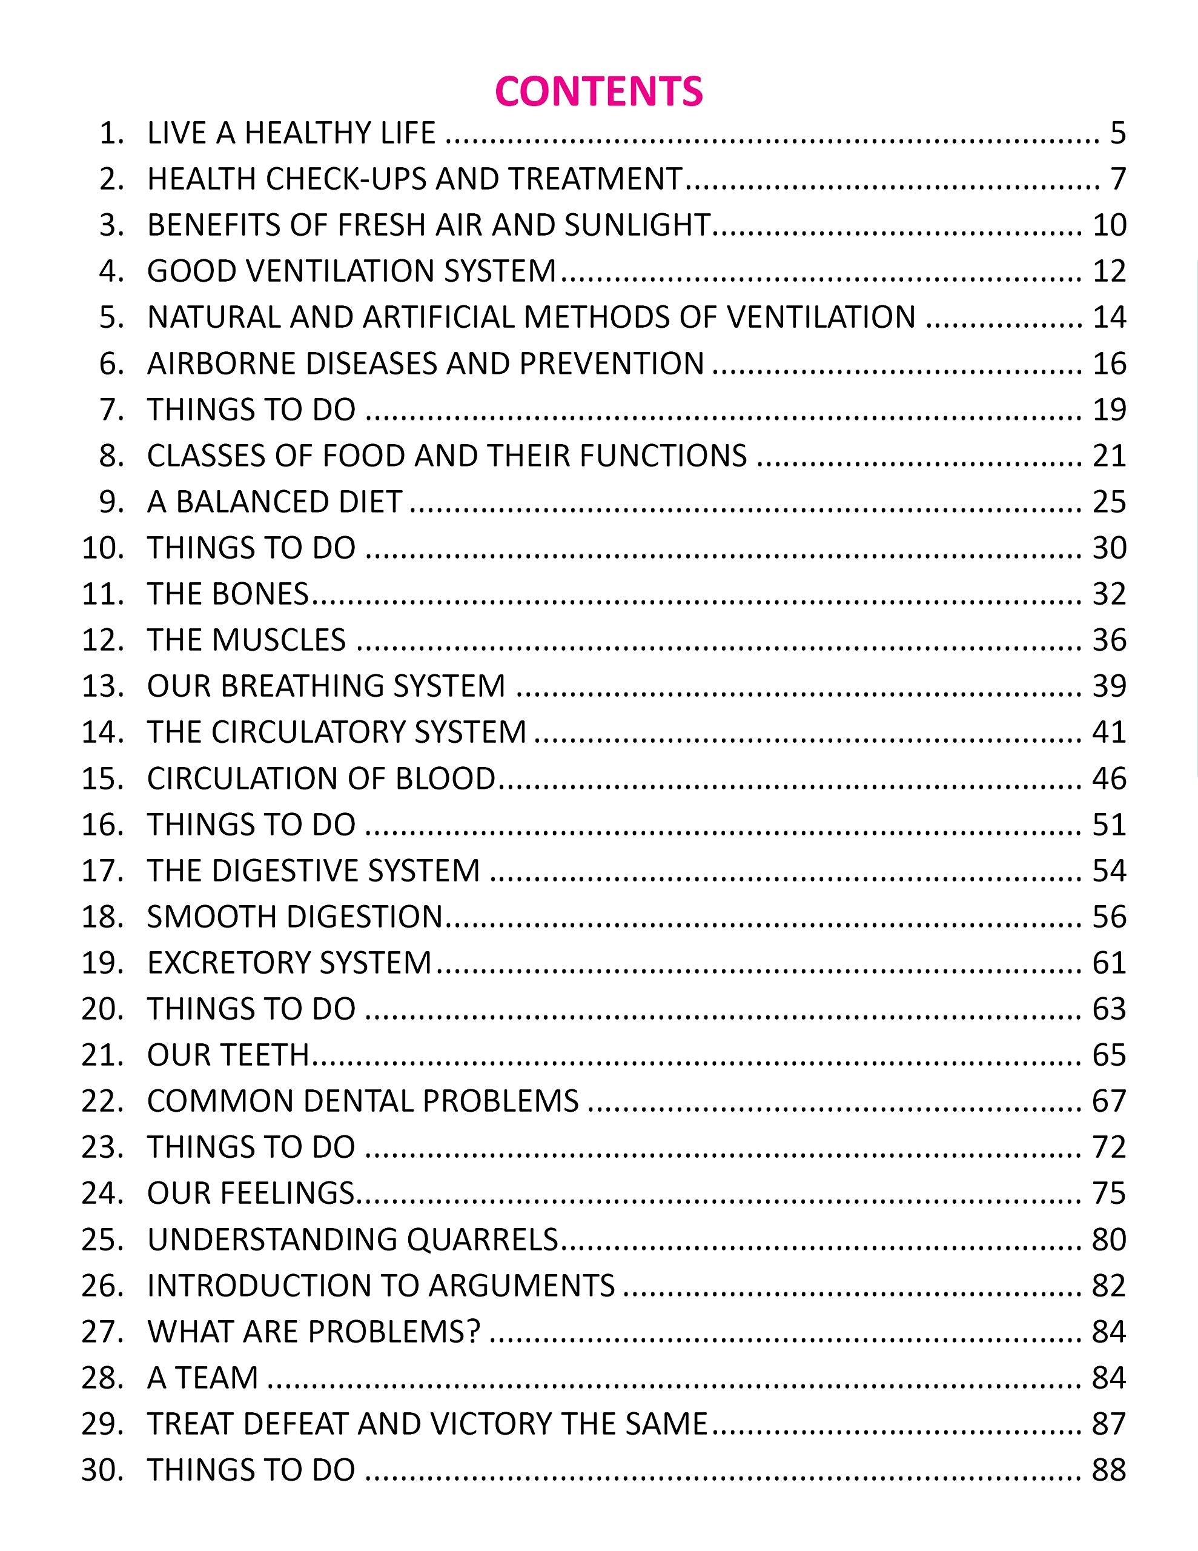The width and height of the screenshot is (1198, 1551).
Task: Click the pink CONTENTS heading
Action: pyautogui.click(x=598, y=91)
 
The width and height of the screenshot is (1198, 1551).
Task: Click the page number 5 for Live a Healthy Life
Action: pyautogui.click(x=1118, y=133)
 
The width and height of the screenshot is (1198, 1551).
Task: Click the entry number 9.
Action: pyautogui.click(x=111, y=502)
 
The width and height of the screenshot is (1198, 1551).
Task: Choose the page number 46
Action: pyautogui.click(x=1109, y=779)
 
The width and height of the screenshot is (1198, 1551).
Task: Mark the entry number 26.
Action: pyautogui.click(x=102, y=1286)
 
